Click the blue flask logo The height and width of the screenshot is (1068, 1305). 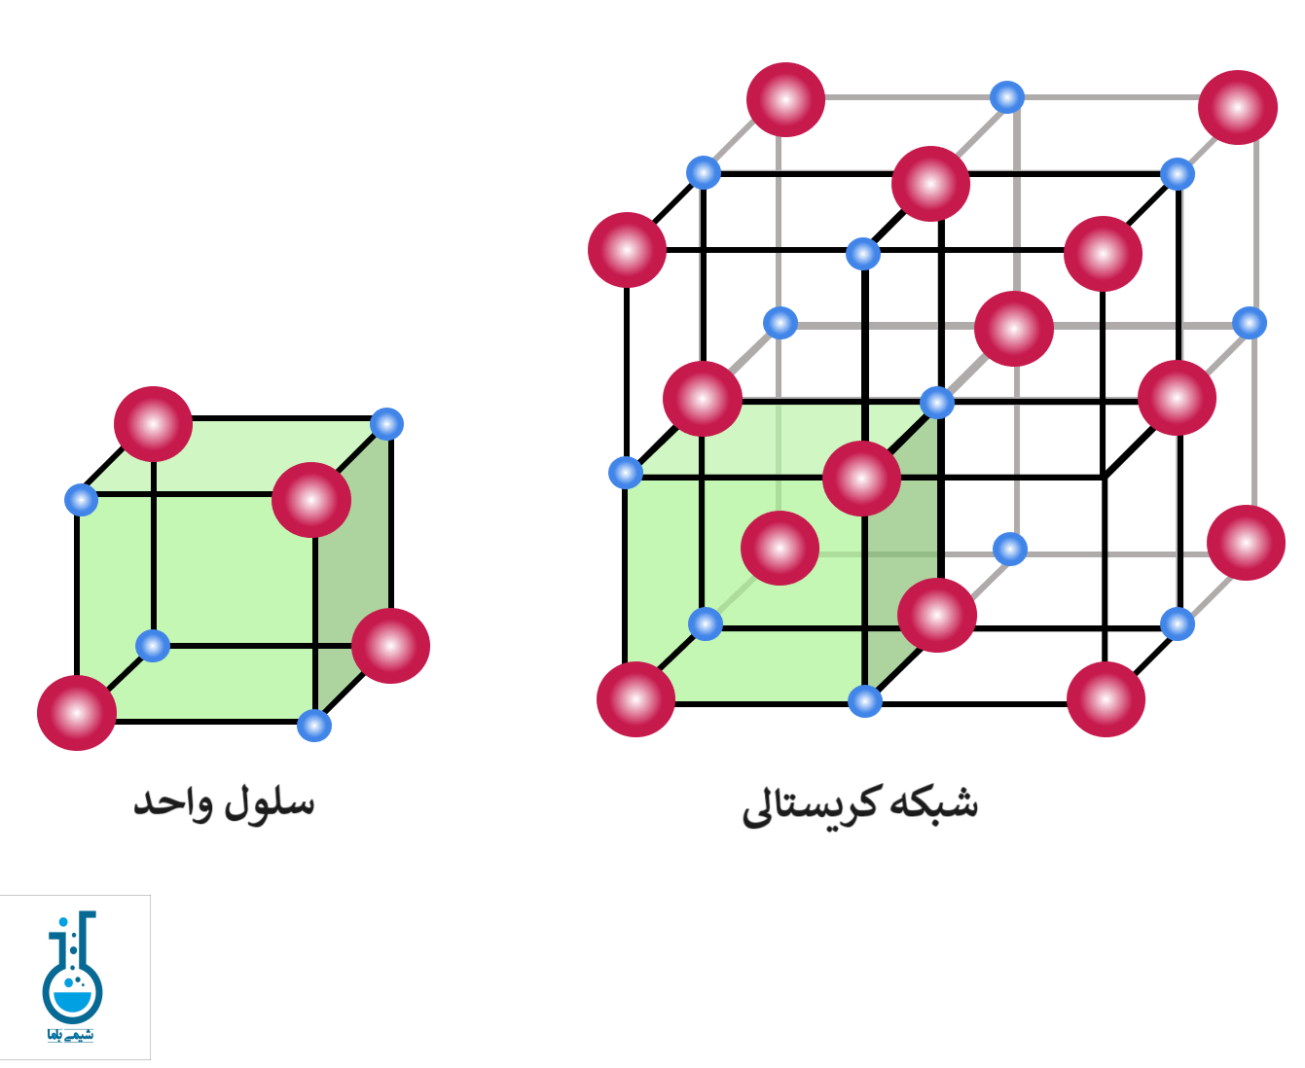[x=73, y=977]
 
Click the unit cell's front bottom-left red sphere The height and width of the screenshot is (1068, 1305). [x=77, y=713]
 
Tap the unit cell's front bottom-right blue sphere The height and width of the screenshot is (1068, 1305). [x=314, y=726]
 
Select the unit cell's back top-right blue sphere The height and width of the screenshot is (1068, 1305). [x=387, y=424]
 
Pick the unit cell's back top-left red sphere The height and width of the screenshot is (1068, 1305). [x=153, y=424]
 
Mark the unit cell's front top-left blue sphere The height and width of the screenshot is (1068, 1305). [x=81, y=500]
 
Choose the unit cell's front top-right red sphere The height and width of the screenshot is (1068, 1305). [x=311, y=500]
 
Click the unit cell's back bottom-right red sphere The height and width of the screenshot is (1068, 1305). [x=390, y=646]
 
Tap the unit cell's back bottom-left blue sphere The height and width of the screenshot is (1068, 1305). [x=153, y=645]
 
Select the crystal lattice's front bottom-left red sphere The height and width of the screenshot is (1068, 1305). [x=635, y=699]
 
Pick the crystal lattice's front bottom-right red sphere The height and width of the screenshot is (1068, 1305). [x=1106, y=699]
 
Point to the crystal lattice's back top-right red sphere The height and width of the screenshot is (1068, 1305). [x=1238, y=107]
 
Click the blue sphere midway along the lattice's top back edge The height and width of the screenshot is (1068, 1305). [x=1007, y=97]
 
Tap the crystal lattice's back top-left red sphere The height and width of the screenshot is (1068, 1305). [x=786, y=100]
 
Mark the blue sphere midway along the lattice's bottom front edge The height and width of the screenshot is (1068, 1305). [x=865, y=700]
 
